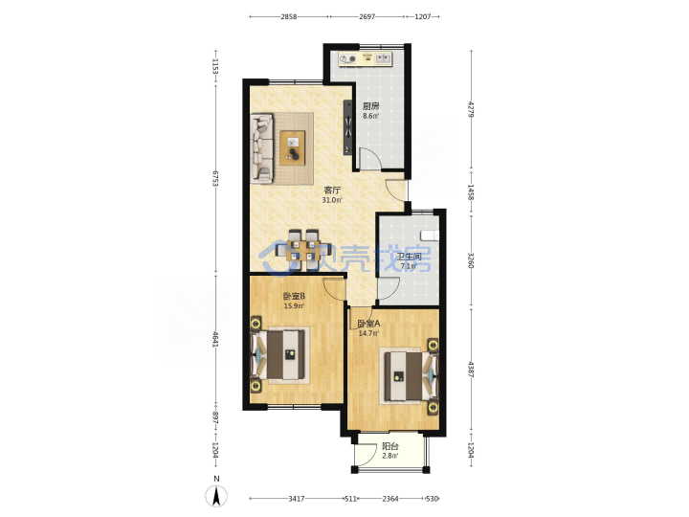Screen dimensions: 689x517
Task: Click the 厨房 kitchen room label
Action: coord(370,106)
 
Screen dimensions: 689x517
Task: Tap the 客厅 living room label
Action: coord(332,191)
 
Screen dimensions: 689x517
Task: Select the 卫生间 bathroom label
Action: coord(410,257)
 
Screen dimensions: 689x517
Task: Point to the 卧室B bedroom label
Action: coord(295,296)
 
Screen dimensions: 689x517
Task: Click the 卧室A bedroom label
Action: coord(368,324)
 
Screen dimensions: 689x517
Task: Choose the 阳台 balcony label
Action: coord(390,446)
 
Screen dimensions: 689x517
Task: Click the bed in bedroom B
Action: coord(278,355)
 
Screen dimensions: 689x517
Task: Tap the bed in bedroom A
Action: coord(411,376)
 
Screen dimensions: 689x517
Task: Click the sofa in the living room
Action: coord(261,147)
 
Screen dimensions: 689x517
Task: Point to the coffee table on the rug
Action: coord(293,147)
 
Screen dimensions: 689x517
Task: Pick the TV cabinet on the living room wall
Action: coord(348,127)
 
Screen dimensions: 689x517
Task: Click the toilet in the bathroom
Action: coord(430,236)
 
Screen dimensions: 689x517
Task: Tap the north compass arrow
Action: coord(216,496)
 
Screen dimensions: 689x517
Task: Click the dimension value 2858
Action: coord(289,16)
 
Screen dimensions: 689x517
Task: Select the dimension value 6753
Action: coord(215,178)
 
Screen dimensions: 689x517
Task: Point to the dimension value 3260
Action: coord(471,260)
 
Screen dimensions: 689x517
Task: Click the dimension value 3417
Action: coord(297,499)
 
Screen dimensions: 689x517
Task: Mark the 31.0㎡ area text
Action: coord(332,200)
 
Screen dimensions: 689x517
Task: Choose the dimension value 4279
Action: coord(471,109)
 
